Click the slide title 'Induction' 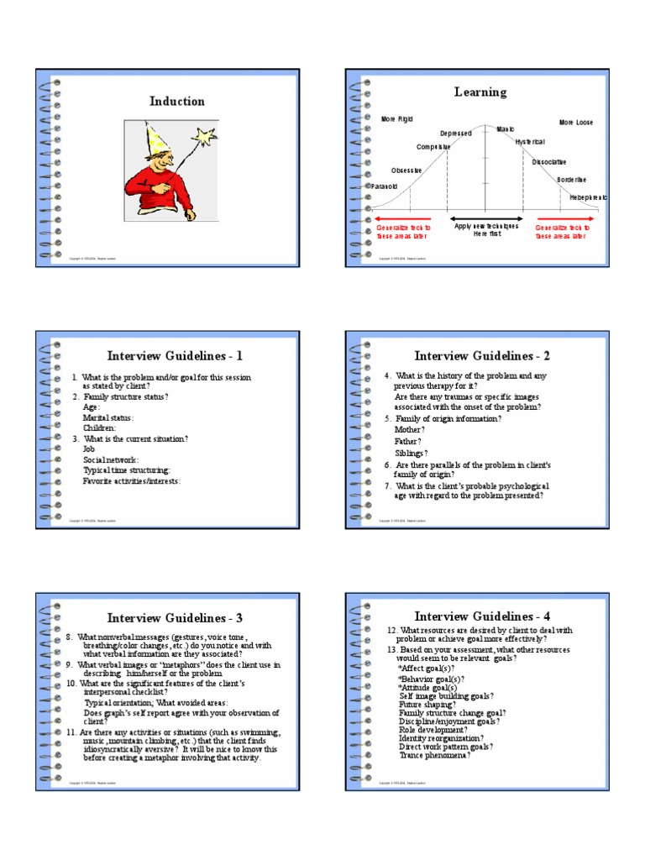pyautogui.click(x=176, y=102)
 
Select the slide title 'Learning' pyautogui.click(x=480, y=92)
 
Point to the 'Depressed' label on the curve pyautogui.click(x=456, y=133)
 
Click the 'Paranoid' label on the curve pyautogui.click(x=383, y=186)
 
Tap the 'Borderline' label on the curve pyautogui.click(x=571, y=180)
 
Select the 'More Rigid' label pyautogui.click(x=397, y=120)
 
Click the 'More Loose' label pyautogui.click(x=576, y=123)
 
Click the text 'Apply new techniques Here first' pyautogui.click(x=486, y=231)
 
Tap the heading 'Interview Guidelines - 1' pyautogui.click(x=175, y=355)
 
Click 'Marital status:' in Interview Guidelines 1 pyautogui.click(x=108, y=417)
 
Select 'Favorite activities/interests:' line pyautogui.click(x=132, y=481)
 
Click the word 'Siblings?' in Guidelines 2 pyautogui.click(x=412, y=453)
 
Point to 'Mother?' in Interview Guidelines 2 pyautogui.click(x=410, y=429)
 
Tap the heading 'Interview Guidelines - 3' pyautogui.click(x=175, y=618)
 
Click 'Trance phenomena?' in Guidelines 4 pyautogui.click(x=435, y=755)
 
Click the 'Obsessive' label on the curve pyautogui.click(x=406, y=170)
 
